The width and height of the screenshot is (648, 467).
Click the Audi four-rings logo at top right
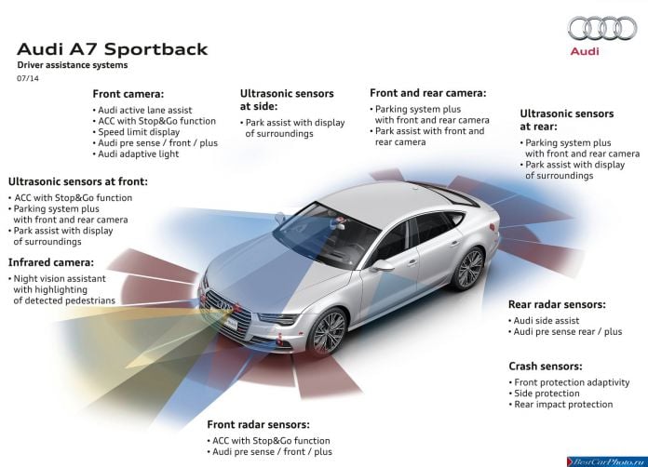[602, 28]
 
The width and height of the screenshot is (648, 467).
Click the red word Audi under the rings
[585, 51]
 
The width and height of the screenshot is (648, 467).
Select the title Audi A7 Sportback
[112, 49]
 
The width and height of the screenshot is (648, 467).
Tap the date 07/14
[28, 78]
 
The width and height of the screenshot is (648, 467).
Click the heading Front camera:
[128, 94]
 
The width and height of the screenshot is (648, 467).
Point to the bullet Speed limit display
[136, 132]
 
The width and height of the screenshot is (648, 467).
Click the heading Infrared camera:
[51, 262]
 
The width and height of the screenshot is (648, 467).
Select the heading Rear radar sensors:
[557, 305]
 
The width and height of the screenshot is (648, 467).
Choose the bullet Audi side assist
[544, 320]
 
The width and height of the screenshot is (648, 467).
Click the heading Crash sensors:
[545, 367]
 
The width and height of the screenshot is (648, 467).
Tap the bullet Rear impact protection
[560, 405]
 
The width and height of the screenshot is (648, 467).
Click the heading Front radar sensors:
[258, 424]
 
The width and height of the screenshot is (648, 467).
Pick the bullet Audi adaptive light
[136, 154]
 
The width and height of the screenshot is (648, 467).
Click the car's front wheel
[328, 331]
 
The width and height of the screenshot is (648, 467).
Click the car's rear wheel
[468, 268]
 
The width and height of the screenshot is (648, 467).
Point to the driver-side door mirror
[382, 265]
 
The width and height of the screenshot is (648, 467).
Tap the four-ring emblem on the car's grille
[225, 305]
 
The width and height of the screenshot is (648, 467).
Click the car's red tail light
[493, 227]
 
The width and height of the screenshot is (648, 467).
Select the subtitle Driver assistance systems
[73, 65]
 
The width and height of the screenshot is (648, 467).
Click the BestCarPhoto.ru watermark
[607, 461]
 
